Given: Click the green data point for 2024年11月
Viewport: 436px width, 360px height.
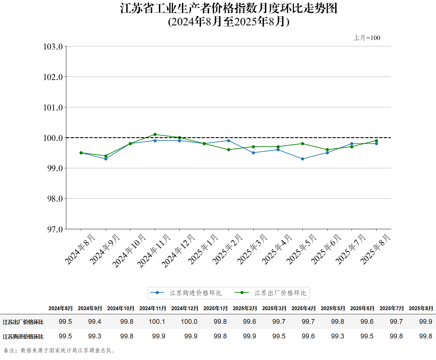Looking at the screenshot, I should pyautogui.click(x=155, y=135).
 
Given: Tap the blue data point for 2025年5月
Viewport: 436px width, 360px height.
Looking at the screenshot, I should pyautogui.click(x=302, y=159).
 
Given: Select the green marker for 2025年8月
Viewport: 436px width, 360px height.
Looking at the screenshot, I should pyautogui.click(x=376, y=141).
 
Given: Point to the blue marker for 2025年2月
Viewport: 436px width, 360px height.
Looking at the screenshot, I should pyautogui.click(x=228, y=141).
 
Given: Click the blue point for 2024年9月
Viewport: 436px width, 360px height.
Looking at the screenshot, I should pyautogui.click(x=106, y=159).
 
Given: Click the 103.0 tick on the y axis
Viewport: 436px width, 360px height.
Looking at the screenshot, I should pyautogui.click(x=53, y=47).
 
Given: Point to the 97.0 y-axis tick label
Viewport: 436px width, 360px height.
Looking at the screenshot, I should pyautogui.click(x=55, y=229).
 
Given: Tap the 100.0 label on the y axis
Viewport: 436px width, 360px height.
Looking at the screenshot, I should pyautogui.click(x=53, y=138).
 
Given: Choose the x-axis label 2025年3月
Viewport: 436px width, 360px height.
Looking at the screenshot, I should pyautogui.click(x=253, y=249).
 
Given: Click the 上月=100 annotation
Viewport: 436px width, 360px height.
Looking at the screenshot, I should pyautogui.click(x=367, y=38).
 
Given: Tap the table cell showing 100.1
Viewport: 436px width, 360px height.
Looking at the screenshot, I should pyautogui.click(x=157, y=322).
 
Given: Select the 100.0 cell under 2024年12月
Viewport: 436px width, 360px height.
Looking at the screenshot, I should pyautogui.click(x=189, y=322).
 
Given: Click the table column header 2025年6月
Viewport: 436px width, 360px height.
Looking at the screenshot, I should pyautogui.click(x=362, y=308).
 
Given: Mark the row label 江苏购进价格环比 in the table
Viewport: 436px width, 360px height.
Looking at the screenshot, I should pyautogui.click(x=23, y=337).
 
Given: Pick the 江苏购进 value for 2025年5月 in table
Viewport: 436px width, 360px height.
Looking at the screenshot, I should pyautogui.click(x=337, y=336).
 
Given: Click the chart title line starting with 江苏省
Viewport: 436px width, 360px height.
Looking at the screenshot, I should pyautogui.click(x=228, y=8).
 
